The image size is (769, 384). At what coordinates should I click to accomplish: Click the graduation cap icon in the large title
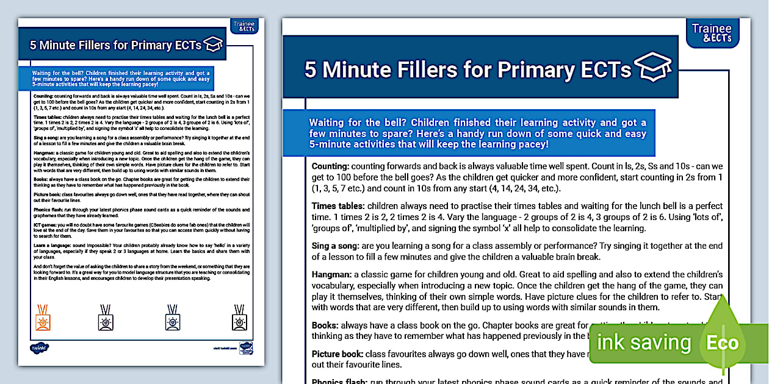point(652,66)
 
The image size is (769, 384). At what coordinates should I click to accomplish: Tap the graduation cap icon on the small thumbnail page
point(213,44)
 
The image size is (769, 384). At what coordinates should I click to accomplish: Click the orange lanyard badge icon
point(43,317)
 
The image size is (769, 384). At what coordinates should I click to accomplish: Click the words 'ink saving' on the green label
point(644,343)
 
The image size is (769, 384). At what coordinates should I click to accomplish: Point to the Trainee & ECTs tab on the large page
point(712,33)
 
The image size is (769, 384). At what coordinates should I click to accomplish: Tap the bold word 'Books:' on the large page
point(325,325)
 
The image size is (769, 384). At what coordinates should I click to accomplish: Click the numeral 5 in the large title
point(311,70)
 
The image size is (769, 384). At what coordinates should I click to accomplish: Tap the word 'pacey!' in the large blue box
point(531,144)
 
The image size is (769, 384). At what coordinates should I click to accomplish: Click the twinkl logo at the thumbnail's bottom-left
point(39,348)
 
